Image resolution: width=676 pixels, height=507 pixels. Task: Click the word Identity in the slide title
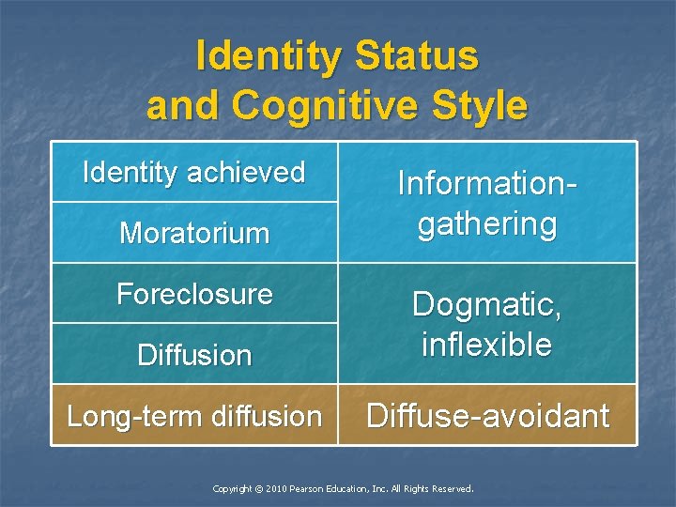[269, 56]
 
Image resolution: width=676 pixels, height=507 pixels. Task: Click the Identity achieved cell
[194, 173]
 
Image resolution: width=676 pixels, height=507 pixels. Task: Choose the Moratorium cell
[194, 233]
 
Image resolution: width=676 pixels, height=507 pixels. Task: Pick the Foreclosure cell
[194, 294]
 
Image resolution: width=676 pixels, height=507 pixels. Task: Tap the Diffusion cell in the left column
[194, 355]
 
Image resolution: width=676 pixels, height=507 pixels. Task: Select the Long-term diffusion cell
[194, 416]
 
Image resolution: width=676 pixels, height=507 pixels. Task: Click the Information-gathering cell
[487, 203]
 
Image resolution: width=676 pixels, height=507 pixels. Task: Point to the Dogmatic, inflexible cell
[487, 324]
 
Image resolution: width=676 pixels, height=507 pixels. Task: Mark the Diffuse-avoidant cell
[487, 416]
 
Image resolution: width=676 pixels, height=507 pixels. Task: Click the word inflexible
[487, 345]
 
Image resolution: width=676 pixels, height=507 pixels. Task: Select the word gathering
[487, 224]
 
